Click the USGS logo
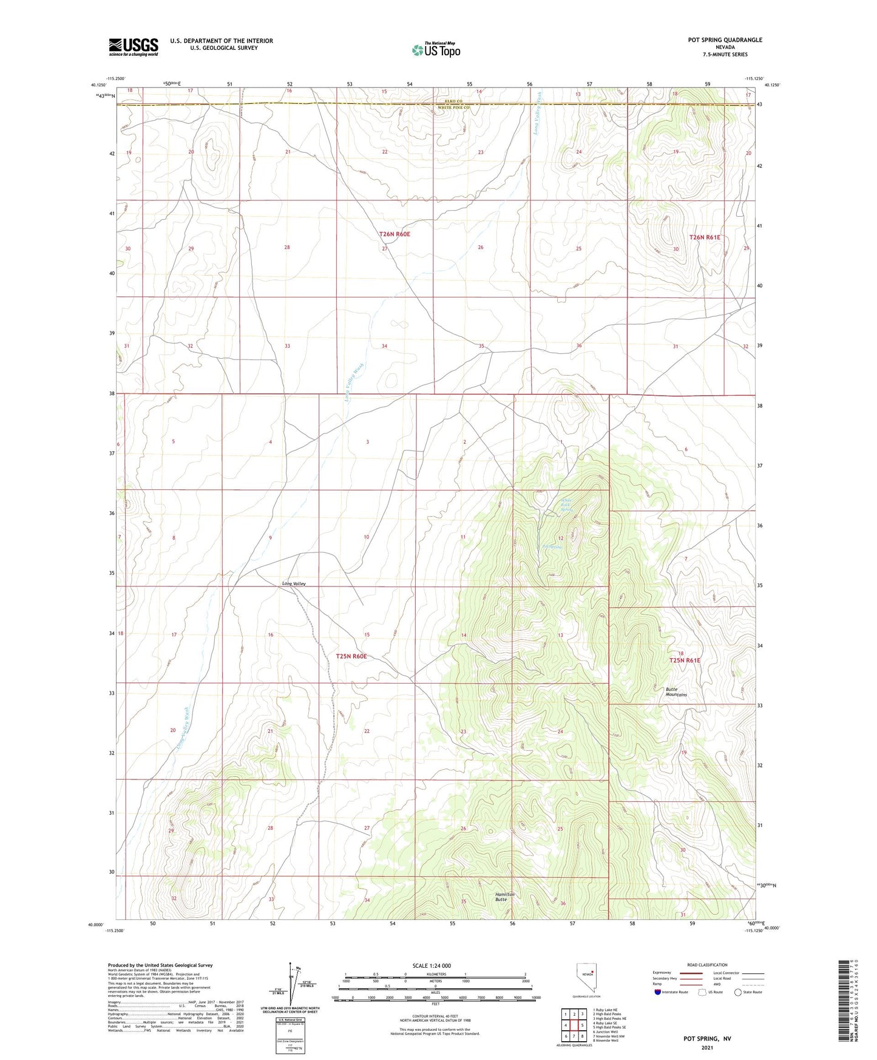coord(134,47)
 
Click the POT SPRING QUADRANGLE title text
coord(725,40)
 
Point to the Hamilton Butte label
coord(504,897)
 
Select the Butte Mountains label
coord(676,692)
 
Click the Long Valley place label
coord(294,583)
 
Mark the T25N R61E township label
coord(685,661)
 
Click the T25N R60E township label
coord(351,656)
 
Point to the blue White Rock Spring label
coord(566,505)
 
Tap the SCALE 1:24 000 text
coord(432,966)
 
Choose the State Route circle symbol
coord(737,992)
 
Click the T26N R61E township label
coord(705,237)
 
